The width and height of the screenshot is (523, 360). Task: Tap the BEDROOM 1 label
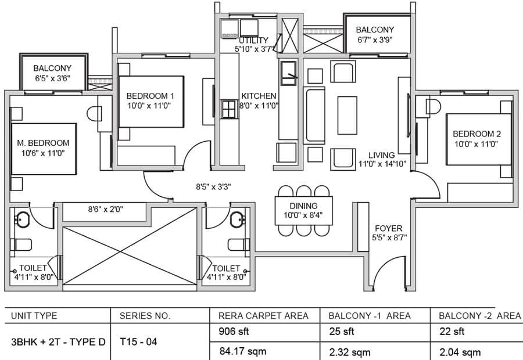[151, 96]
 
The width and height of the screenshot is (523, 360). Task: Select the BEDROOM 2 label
[477, 134]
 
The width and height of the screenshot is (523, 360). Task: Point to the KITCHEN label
[259, 96]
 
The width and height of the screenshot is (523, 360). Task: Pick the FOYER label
[389, 228]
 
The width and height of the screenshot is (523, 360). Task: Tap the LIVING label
[382, 155]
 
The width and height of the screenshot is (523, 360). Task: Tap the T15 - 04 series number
[138, 341]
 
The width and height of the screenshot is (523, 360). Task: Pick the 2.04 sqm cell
[460, 351]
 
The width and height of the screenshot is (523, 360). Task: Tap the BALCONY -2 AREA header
[479, 316]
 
